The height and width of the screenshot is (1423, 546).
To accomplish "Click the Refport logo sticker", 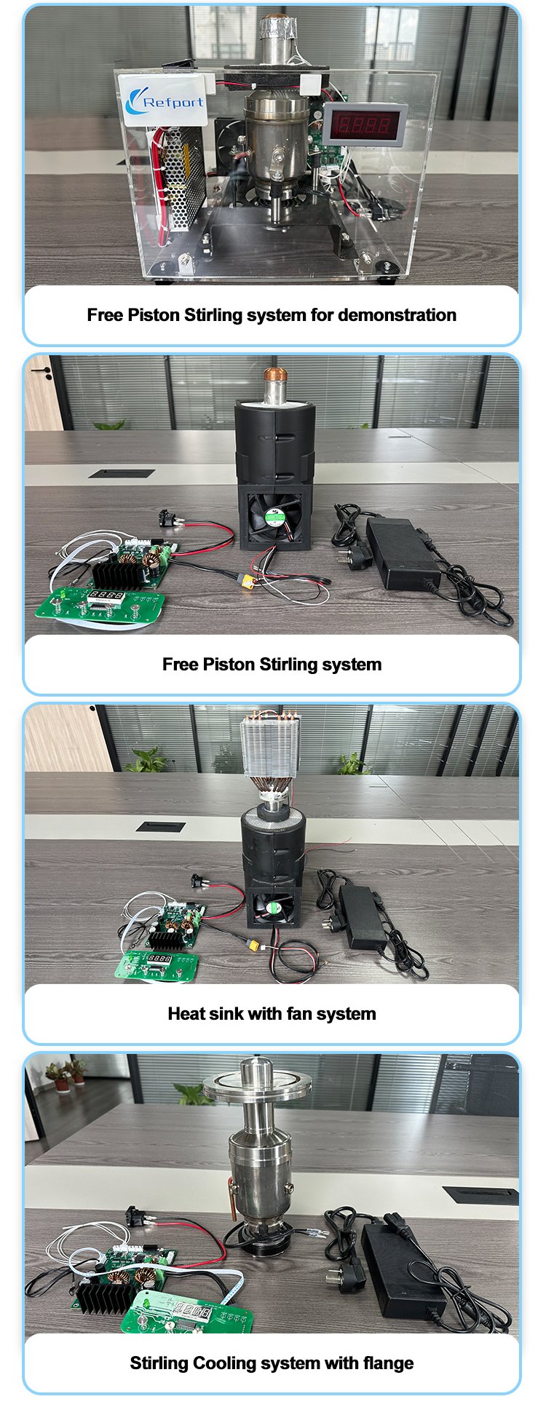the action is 165,100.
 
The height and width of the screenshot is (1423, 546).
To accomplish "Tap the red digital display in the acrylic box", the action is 365,124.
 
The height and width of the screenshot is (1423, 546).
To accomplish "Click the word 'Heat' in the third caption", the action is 186,1014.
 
